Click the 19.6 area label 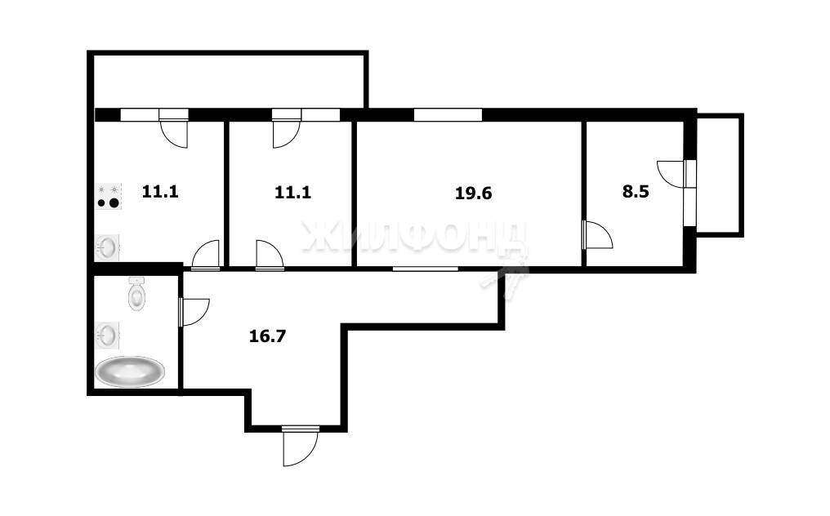473,193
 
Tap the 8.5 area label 636,192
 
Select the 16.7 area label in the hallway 267,336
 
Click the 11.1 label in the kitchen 160,191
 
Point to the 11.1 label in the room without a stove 292,192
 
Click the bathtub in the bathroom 130,371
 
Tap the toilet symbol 136,294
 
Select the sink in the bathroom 108,336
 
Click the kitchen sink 108,247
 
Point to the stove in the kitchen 109,196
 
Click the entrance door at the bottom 300,446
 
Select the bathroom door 194,312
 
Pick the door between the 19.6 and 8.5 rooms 597,235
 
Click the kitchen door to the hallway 205,255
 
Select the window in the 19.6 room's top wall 448,114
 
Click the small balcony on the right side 720,175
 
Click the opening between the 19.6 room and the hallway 426,269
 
